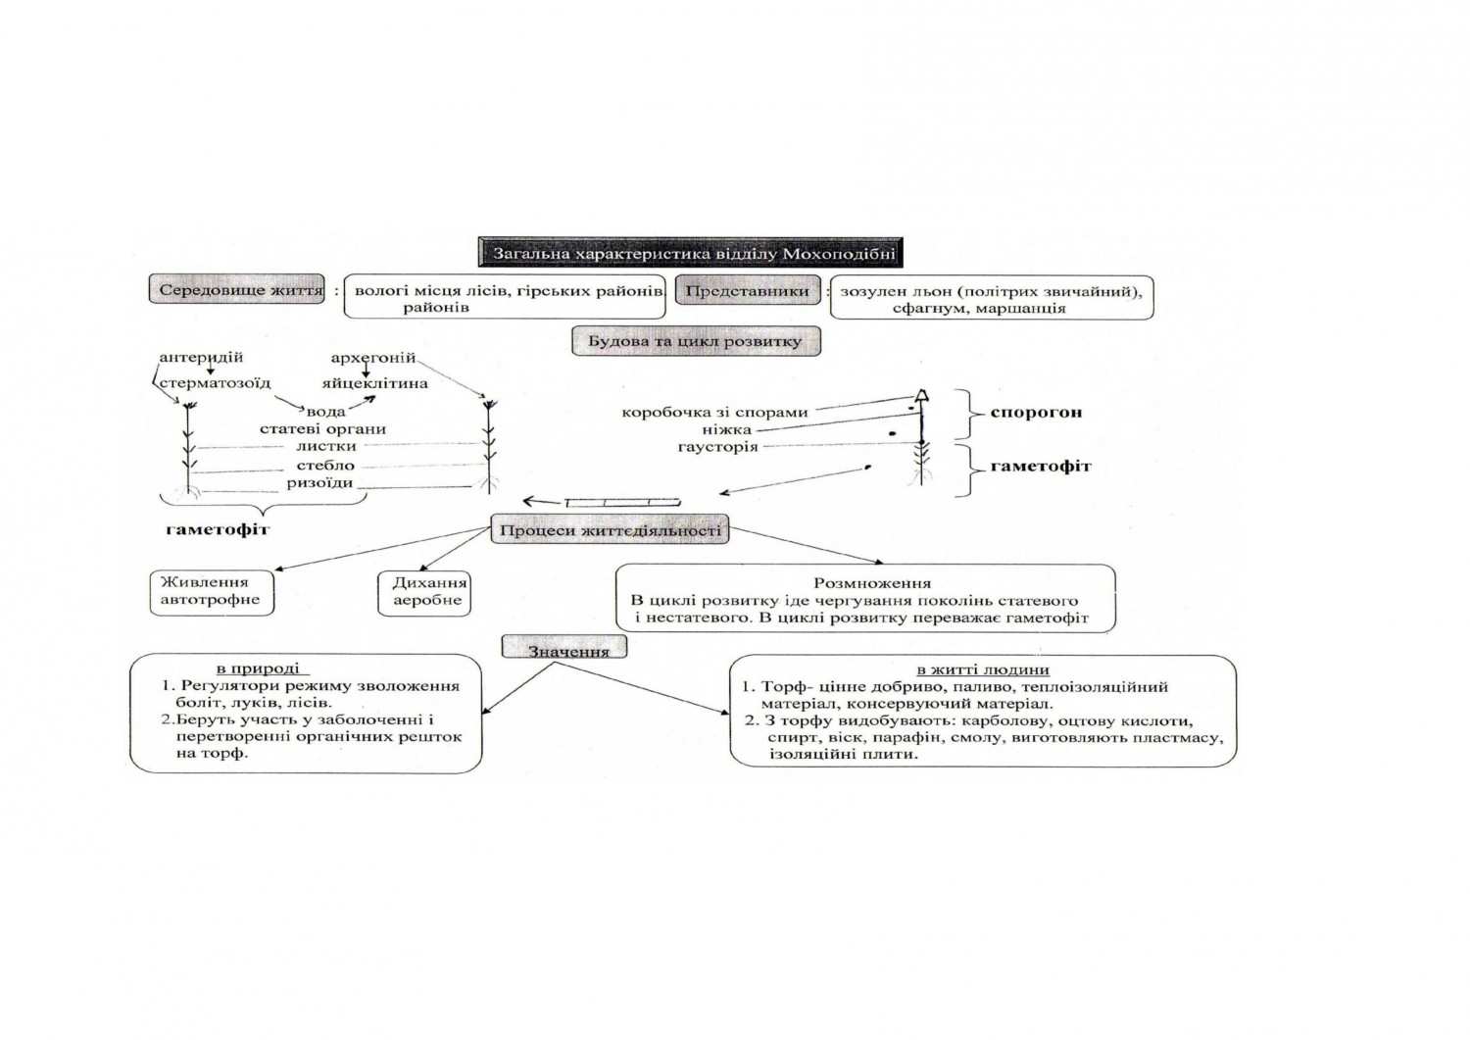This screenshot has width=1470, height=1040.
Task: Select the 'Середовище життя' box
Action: pos(240,291)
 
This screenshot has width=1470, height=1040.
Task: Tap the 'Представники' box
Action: pos(747,291)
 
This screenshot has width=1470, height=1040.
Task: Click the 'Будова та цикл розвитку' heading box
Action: pos(695,341)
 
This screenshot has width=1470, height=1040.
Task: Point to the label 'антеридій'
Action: pos(201,358)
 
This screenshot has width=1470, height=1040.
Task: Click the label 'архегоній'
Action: pos(373,358)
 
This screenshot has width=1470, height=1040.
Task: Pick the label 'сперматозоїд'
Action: pos(215,383)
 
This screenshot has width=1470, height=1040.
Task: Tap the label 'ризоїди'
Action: pos(319,483)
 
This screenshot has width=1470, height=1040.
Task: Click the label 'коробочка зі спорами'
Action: pos(714,412)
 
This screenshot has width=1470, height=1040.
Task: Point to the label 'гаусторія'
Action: pos(717,447)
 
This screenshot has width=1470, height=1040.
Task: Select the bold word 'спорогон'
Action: pos(1036,412)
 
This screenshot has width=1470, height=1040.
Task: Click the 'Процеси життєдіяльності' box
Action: pos(610,531)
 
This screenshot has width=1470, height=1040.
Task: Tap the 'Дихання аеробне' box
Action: pos(425,591)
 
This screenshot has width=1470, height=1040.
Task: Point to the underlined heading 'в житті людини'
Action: pos(982,670)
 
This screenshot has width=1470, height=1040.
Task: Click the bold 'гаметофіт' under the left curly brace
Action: pos(218,529)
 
